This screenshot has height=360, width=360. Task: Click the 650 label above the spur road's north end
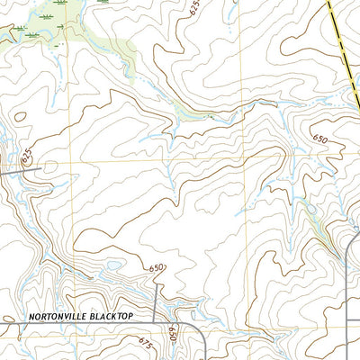(157, 268)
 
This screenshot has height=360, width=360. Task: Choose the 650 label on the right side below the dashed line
(320, 139)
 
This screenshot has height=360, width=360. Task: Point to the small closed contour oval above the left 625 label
(19, 115)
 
